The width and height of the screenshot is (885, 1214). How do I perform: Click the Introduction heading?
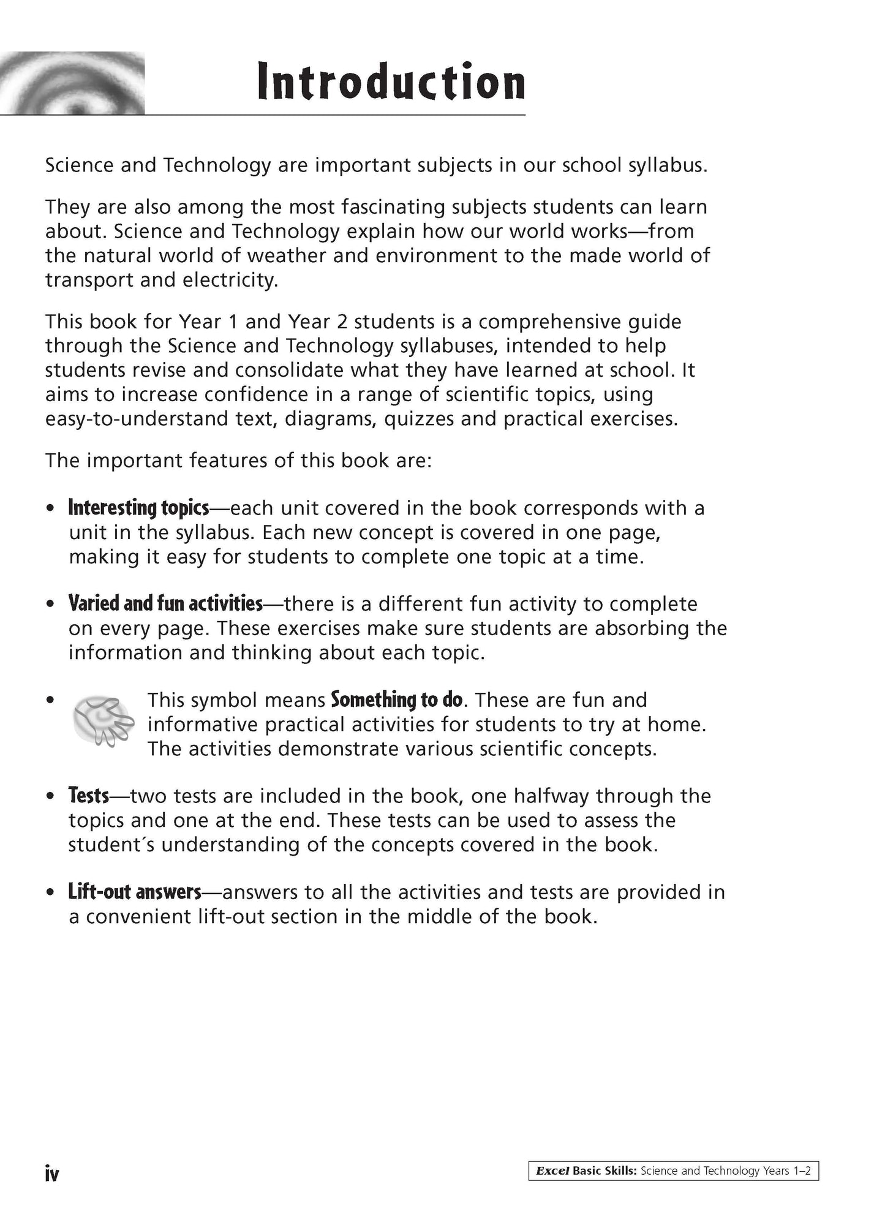pos(391,81)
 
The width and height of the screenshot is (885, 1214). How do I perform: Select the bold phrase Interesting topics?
pos(139,508)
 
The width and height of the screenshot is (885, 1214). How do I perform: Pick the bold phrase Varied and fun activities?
pos(165,604)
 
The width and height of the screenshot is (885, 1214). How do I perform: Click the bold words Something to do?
pos(397,699)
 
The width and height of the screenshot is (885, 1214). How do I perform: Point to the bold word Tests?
pos(89,796)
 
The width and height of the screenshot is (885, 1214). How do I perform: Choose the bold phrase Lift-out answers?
pos(135,892)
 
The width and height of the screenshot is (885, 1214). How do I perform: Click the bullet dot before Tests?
pos(50,796)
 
